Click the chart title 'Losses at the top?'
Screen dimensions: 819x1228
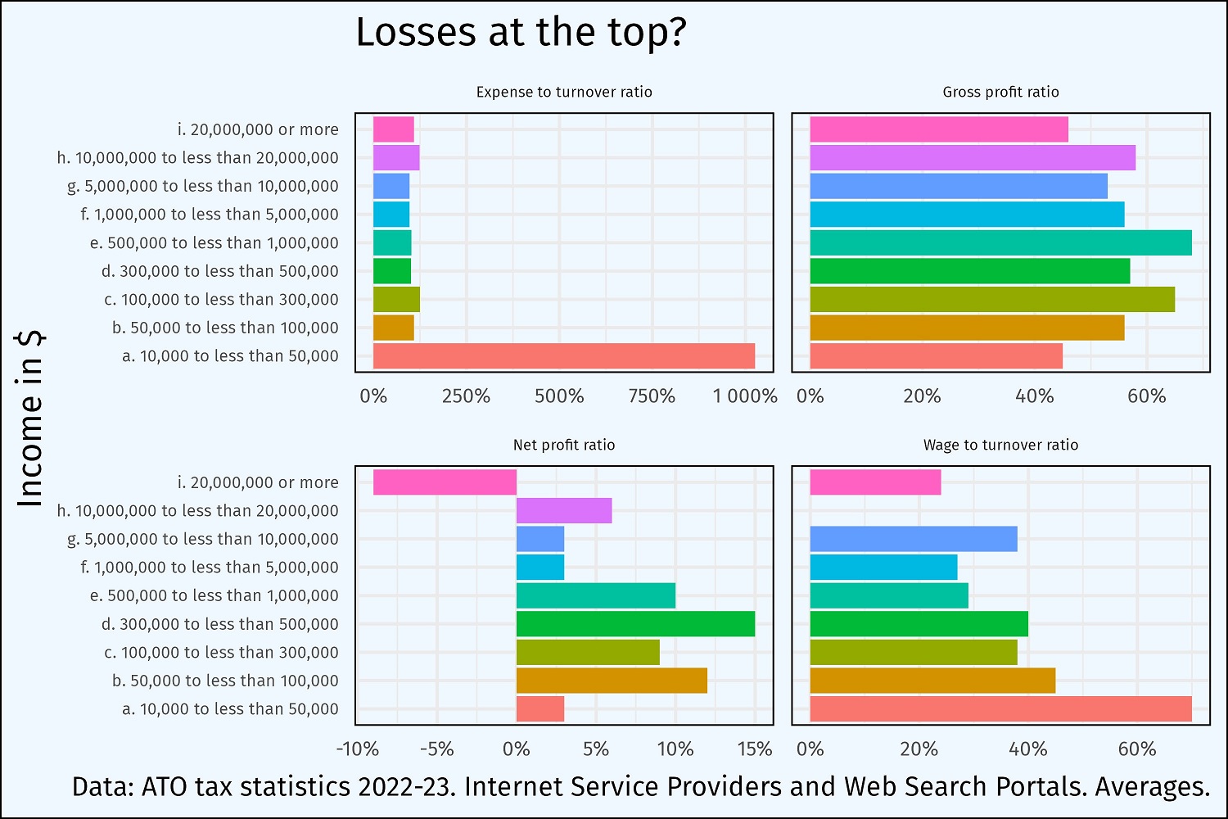(521, 33)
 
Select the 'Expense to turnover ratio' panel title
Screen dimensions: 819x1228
(564, 92)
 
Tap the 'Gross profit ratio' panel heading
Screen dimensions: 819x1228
(1000, 92)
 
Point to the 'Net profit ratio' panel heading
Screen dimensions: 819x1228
(564, 445)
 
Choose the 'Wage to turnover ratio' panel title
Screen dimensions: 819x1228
(1000, 445)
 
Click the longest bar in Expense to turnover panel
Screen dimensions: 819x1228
(563, 356)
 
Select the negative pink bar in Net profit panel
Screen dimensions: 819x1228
(445, 482)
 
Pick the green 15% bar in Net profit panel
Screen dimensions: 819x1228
(635, 624)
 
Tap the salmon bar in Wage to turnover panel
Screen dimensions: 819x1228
(1000, 709)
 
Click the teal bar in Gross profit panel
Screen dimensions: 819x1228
(1000, 243)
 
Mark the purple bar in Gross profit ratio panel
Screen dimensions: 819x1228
(973, 158)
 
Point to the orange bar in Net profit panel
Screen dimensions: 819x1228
(612, 681)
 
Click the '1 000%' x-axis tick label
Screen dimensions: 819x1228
(745, 396)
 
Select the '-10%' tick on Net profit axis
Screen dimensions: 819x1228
(358, 749)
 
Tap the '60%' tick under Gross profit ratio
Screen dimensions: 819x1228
(1146, 396)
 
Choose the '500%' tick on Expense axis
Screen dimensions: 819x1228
(559, 396)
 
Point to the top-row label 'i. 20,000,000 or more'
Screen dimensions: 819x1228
(258, 129)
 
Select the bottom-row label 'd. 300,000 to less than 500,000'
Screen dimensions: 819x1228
(219, 624)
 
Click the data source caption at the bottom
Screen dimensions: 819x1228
(640, 786)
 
